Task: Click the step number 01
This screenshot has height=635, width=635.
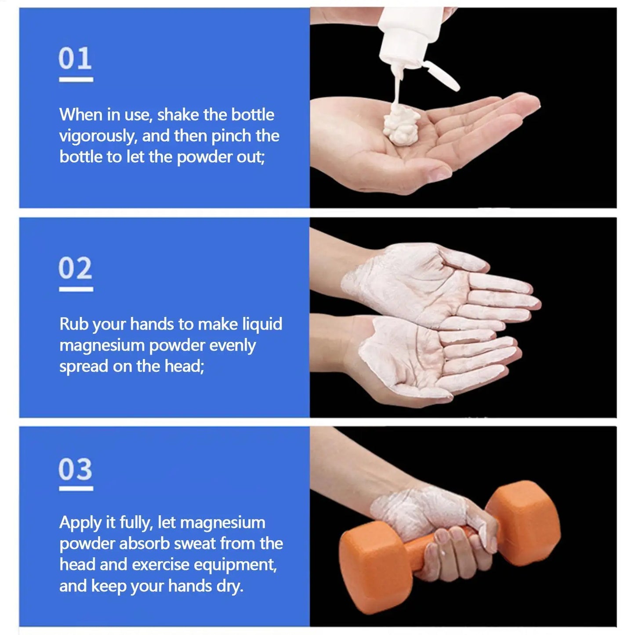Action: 75,58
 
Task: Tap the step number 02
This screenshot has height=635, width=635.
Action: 75,268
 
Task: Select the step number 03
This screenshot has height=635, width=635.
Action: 75,469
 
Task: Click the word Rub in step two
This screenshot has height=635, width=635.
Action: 74,324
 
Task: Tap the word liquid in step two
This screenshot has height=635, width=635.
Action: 262,324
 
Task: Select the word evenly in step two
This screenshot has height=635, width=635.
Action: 232,345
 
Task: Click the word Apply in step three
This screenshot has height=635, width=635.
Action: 80,523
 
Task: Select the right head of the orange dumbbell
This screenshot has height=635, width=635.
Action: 523,523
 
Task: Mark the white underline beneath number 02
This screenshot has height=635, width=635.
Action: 76,289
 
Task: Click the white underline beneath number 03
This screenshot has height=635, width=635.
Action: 76,488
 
